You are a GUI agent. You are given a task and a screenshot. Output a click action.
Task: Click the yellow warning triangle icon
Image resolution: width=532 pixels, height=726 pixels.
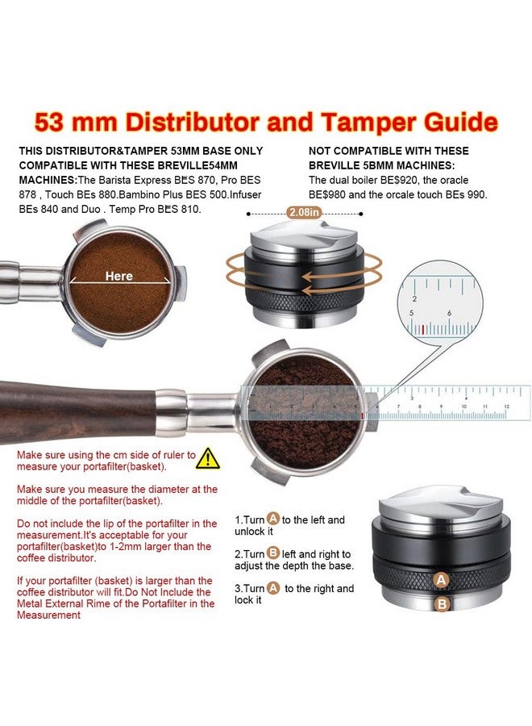point(209,458)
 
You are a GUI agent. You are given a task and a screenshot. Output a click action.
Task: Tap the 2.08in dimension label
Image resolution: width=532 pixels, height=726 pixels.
point(305,213)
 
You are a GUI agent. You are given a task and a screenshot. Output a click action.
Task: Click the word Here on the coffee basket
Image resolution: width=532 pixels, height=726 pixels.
point(118,276)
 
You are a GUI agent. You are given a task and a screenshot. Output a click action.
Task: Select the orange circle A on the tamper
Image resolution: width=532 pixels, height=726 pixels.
point(441,579)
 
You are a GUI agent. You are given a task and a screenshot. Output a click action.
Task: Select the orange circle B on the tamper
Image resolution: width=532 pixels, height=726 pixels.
point(441,603)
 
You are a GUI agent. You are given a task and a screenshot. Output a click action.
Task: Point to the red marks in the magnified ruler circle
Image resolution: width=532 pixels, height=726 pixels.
point(422,329)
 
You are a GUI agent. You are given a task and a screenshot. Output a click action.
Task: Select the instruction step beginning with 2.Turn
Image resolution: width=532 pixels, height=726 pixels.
point(293,560)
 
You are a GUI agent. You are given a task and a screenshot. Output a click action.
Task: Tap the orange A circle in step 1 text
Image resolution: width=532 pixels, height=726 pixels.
point(273,519)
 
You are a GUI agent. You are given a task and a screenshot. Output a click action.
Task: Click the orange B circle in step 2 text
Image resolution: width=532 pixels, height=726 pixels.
point(272,554)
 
